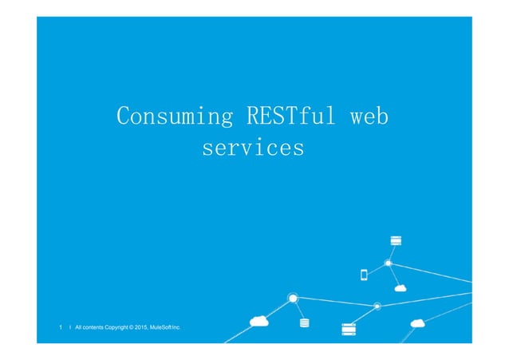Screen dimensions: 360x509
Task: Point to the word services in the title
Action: pyautogui.click(x=253, y=148)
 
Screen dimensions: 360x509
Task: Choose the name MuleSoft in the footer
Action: pyautogui.click(x=176, y=327)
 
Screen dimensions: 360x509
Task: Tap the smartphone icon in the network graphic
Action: pyautogui.click(x=364, y=275)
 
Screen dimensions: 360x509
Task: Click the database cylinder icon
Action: pyautogui.click(x=303, y=323)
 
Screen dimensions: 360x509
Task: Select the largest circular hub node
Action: pyautogui.click(x=293, y=299)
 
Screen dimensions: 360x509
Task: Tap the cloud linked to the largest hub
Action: pyautogui.click(x=258, y=321)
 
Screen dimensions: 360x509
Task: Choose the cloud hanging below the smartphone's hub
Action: pyautogui.click(x=400, y=287)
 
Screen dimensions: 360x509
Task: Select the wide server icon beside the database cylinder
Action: pyautogui.click(x=347, y=327)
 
